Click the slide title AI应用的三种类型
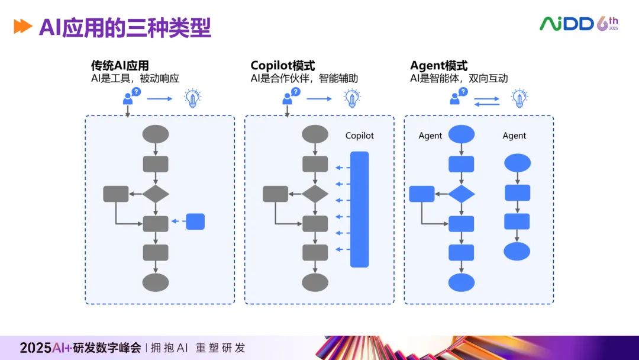[125, 27]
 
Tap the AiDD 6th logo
[578, 24]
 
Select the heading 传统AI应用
[120, 66]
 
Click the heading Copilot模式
[282, 66]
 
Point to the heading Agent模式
[438, 66]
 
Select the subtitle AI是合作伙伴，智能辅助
[304, 78]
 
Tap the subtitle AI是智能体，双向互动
[459, 78]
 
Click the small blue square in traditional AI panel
[195, 221]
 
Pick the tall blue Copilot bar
[359, 209]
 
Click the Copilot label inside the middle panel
[360, 136]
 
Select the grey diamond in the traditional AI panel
[156, 194]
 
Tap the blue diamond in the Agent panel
[461, 194]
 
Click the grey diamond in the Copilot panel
[315, 194]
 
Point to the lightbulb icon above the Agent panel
[519, 98]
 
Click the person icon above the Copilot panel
[289, 97]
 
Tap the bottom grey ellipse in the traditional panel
[156, 282]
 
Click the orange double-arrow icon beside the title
[22, 27]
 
